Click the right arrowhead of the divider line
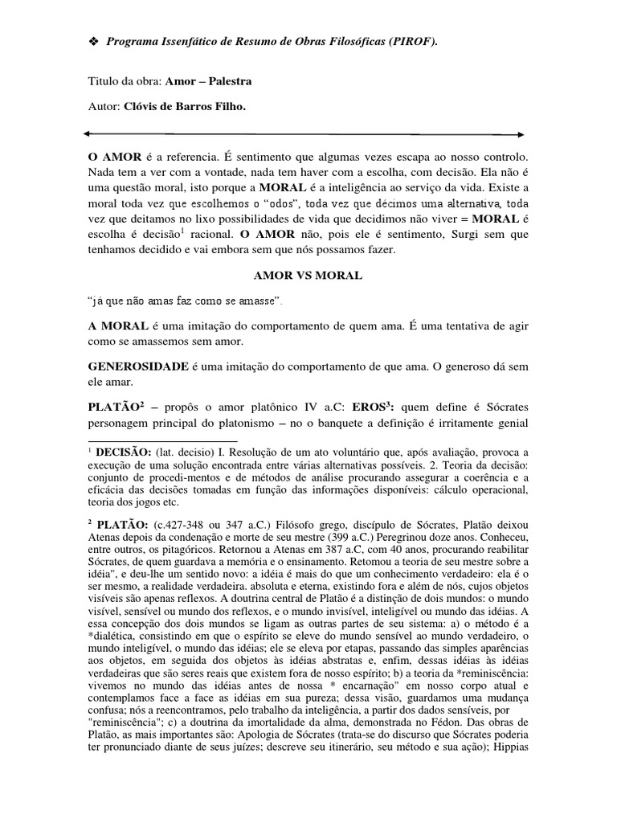(x=522, y=133)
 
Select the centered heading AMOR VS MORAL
(x=308, y=276)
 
